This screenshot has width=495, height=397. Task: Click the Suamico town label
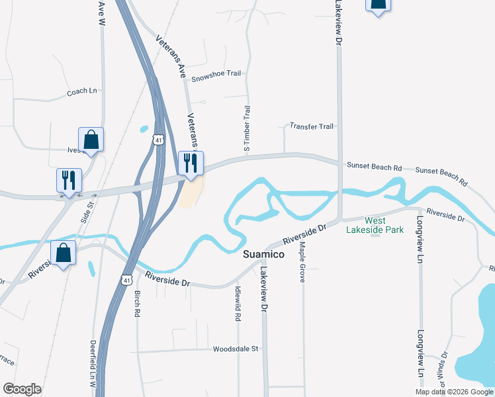(263, 254)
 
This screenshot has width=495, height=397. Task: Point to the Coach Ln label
(82, 92)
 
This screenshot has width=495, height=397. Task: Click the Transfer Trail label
(312, 126)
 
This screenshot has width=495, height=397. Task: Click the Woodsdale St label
(238, 349)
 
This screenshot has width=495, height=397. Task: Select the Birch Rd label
(138, 304)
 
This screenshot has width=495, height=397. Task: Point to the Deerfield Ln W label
(93, 363)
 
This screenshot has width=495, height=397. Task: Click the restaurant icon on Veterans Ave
(191, 163)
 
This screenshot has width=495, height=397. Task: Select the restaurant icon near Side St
(69, 179)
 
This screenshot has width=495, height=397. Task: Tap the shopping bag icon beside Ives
(91, 140)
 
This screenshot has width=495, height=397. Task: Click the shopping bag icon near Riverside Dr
(64, 253)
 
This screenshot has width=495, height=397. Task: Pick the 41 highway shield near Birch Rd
(126, 281)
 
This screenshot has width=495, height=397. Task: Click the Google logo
(22, 389)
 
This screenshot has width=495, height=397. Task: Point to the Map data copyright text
(454, 392)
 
